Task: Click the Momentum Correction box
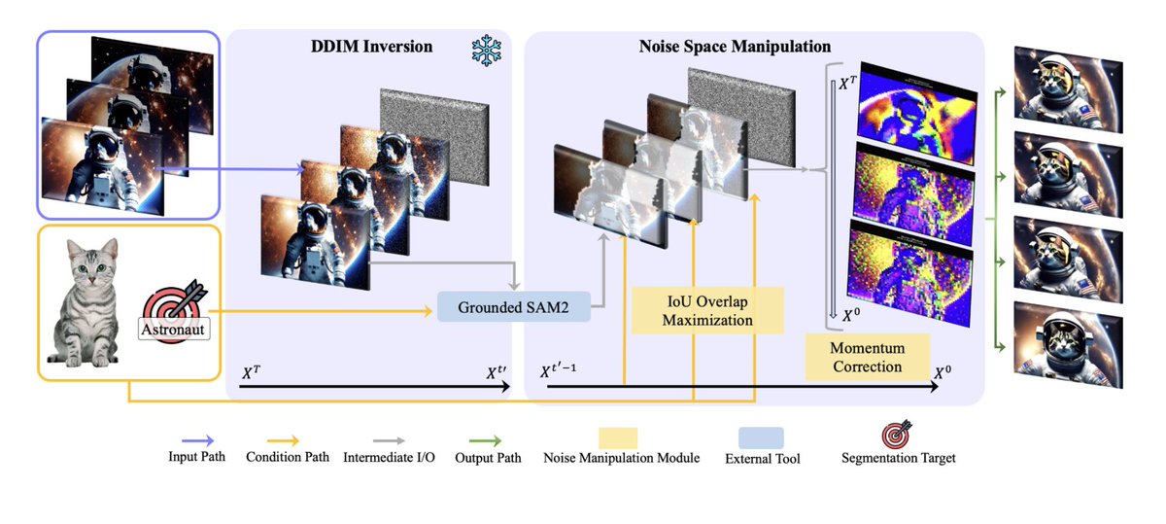click(867, 357)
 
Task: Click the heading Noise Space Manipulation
click(735, 46)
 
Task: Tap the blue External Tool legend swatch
click(760, 438)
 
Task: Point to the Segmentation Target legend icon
click(898, 436)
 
